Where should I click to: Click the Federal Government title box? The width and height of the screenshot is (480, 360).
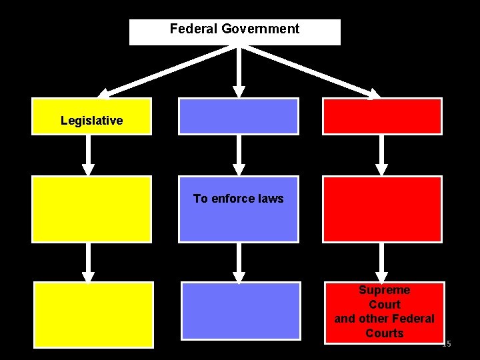235,31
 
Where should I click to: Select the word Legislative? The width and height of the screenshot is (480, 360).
91,121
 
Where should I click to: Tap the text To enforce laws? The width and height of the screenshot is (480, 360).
238,199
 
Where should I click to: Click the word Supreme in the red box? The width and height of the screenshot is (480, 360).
384,290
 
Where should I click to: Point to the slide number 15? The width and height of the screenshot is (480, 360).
447,343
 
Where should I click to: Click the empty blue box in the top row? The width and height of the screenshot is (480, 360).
238,116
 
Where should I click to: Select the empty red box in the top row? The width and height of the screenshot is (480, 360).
382,116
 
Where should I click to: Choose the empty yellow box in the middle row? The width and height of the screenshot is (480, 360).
91,209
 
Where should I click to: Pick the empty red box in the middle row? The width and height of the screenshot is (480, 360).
382,209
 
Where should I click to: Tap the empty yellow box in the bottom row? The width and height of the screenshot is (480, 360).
93,315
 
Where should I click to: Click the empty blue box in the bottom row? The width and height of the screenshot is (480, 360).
241,311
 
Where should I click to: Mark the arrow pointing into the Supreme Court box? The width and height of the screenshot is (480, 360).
381,262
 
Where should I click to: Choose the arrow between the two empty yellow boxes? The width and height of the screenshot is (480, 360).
88,262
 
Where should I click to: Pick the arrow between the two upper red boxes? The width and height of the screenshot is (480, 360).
381,155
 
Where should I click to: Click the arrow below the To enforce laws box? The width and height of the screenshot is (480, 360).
238,262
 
